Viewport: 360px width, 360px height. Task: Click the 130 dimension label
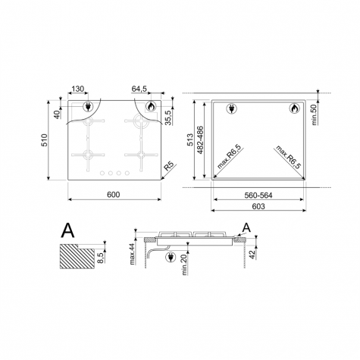[x=77, y=89]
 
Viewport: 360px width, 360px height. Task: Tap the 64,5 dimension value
[x=139, y=89]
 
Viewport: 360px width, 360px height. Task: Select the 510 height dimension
[x=44, y=140]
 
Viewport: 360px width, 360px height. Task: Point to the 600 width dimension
[x=114, y=195]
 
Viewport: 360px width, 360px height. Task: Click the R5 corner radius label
[x=169, y=167]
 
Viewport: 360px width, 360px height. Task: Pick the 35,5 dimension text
[x=168, y=117]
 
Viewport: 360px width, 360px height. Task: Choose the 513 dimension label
[x=190, y=139]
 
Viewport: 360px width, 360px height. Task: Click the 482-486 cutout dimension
[x=200, y=139]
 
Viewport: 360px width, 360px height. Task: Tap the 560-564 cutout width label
[x=258, y=196]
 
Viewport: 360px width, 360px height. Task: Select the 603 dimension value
[x=258, y=206]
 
